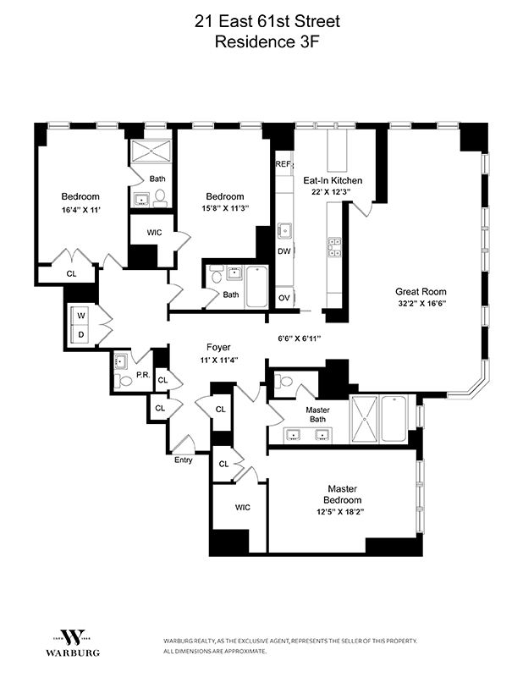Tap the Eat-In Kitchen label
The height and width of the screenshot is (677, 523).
tap(333, 180)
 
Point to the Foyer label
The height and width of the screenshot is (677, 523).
tap(218, 347)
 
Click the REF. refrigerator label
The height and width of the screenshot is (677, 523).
tap(283, 165)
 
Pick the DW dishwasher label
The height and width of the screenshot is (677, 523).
tap(284, 250)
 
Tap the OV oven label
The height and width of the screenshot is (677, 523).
tap(284, 297)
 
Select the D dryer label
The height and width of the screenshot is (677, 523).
tap(81, 334)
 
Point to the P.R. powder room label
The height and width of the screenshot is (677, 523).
tap(142, 373)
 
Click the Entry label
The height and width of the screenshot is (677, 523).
tap(184, 460)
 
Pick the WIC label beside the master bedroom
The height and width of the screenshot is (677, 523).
tap(242, 507)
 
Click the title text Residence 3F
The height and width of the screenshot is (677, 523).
tap(261, 41)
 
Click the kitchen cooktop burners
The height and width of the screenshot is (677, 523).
tap(334, 247)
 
